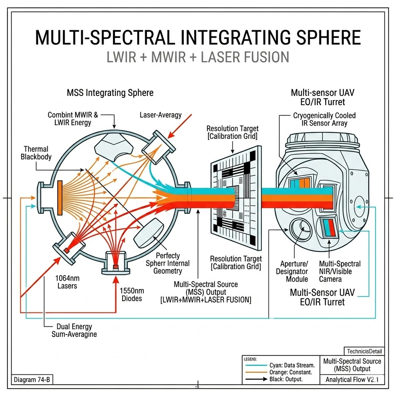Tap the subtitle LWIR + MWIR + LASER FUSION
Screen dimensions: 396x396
[x=198, y=57]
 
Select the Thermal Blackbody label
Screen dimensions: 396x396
[x=36, y=153]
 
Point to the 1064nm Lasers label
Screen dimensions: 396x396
[x=66, y=282]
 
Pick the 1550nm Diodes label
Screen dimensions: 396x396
[x=130, y=294]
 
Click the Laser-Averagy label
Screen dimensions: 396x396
[x=160, y=115]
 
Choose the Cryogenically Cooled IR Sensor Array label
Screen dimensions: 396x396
[x=324, y=119]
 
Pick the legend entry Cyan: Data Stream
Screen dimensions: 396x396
[x=292, y=365]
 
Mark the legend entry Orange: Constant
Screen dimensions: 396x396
[x=288, y=372]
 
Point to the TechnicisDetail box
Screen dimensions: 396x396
[x=364, y=351]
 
